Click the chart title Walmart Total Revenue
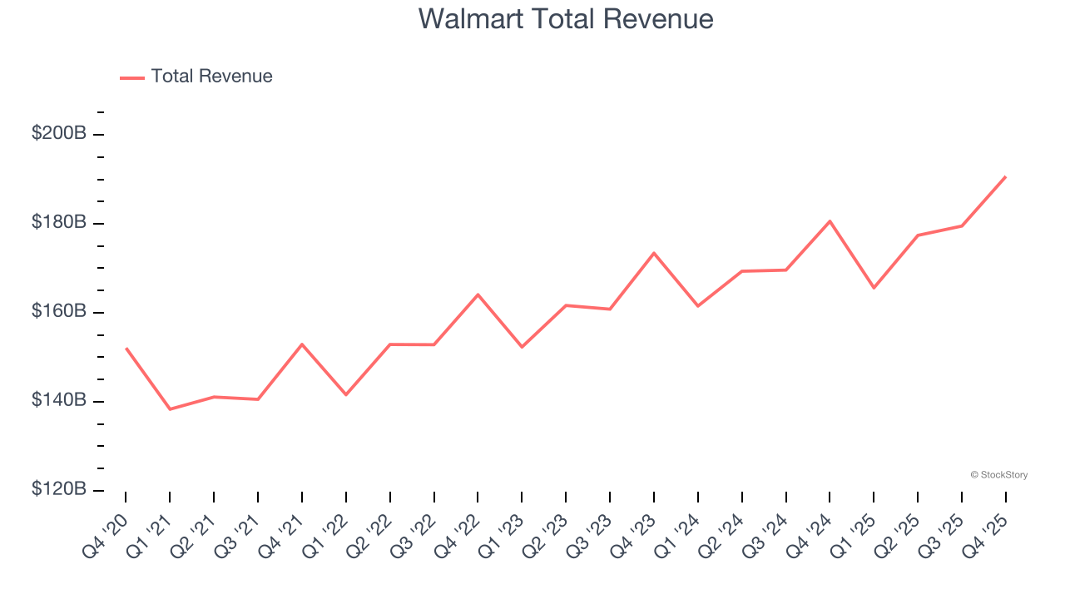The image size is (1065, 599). (566, 19)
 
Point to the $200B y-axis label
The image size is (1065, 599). (59, 133)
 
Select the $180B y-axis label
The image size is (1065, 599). (59, 222)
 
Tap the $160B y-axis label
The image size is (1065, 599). (59, 311)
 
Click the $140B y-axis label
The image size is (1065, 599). (59, 400)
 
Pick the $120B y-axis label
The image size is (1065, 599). (59, 489)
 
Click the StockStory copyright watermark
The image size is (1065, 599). (998, 475)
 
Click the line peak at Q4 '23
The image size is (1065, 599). (654, 253)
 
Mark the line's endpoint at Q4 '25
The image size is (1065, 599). (1005, 177)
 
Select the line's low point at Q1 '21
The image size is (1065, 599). (170, 409)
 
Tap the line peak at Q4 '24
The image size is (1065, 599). (830, 221)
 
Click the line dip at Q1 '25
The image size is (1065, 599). (874, 288)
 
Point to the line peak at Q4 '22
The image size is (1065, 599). (478, 295)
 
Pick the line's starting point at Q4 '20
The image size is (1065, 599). (126, 349)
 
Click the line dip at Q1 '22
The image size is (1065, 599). (345, 394)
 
